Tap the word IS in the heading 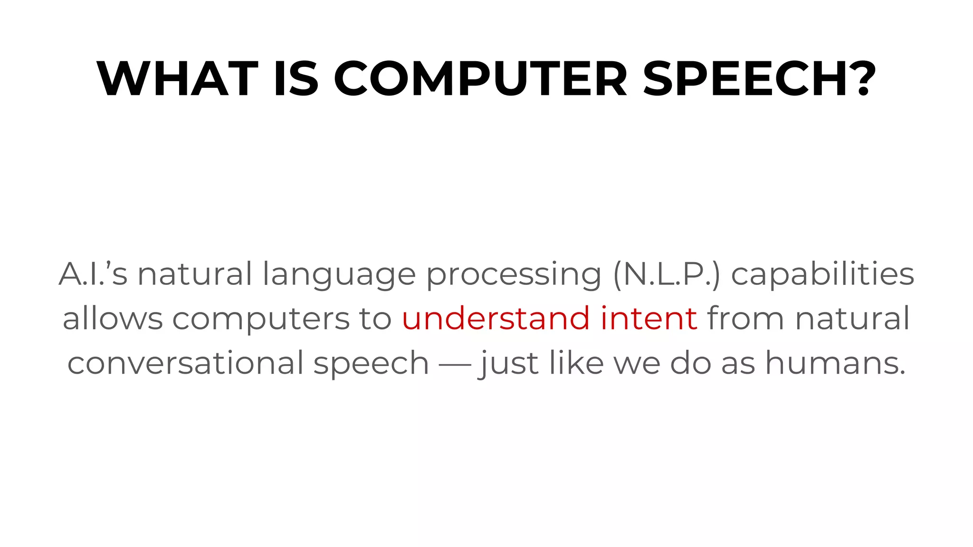(296, 79)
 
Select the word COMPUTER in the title (480, 79)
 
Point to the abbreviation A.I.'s (93, 274)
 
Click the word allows (113, 318)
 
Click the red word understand (496, 318)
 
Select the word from (746, 318)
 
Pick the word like (576, 363)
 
